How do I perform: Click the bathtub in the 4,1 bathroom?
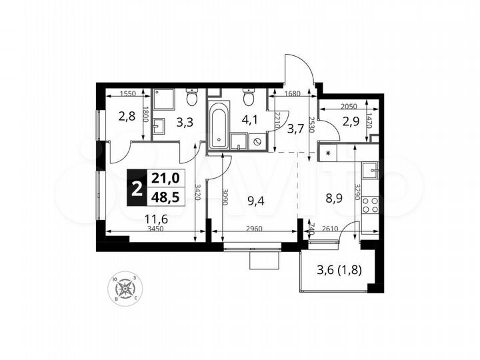219,126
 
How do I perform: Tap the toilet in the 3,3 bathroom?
192,99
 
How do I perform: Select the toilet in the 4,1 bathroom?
249,99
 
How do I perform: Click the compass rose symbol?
125,289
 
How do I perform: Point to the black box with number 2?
137,188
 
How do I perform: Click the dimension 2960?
254,229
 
